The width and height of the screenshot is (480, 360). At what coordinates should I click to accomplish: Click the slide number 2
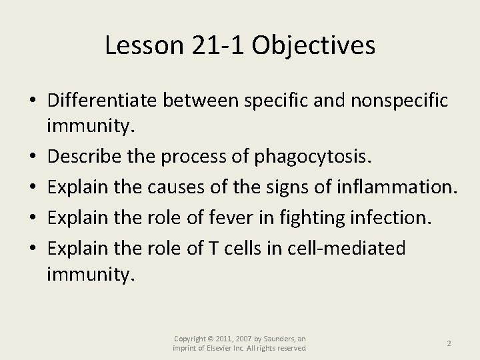(449, 343)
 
